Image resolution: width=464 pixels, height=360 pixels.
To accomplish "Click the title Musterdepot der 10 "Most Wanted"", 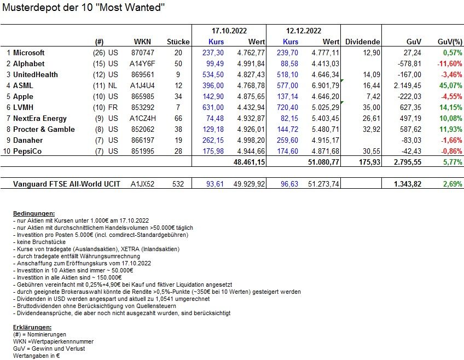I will tap(83, 8).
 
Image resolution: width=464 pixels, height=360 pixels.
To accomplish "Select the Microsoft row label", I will tap(29, 53).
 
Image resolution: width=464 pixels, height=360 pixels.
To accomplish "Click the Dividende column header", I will tap(363, 42).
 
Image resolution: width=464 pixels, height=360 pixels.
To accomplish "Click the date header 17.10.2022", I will tap(229, 31).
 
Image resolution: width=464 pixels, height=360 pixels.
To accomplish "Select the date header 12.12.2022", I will tap(304, 31).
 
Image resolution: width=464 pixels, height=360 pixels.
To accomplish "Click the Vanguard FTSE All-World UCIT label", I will tap(67, 184).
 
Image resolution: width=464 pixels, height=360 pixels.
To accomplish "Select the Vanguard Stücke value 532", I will tap(182, 184).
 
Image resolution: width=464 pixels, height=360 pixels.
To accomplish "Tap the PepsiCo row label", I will tap(26, 152).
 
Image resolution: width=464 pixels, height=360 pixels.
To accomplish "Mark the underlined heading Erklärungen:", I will tap(31, 327).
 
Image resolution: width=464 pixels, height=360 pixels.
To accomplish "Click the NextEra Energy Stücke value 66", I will tap(185, 119).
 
